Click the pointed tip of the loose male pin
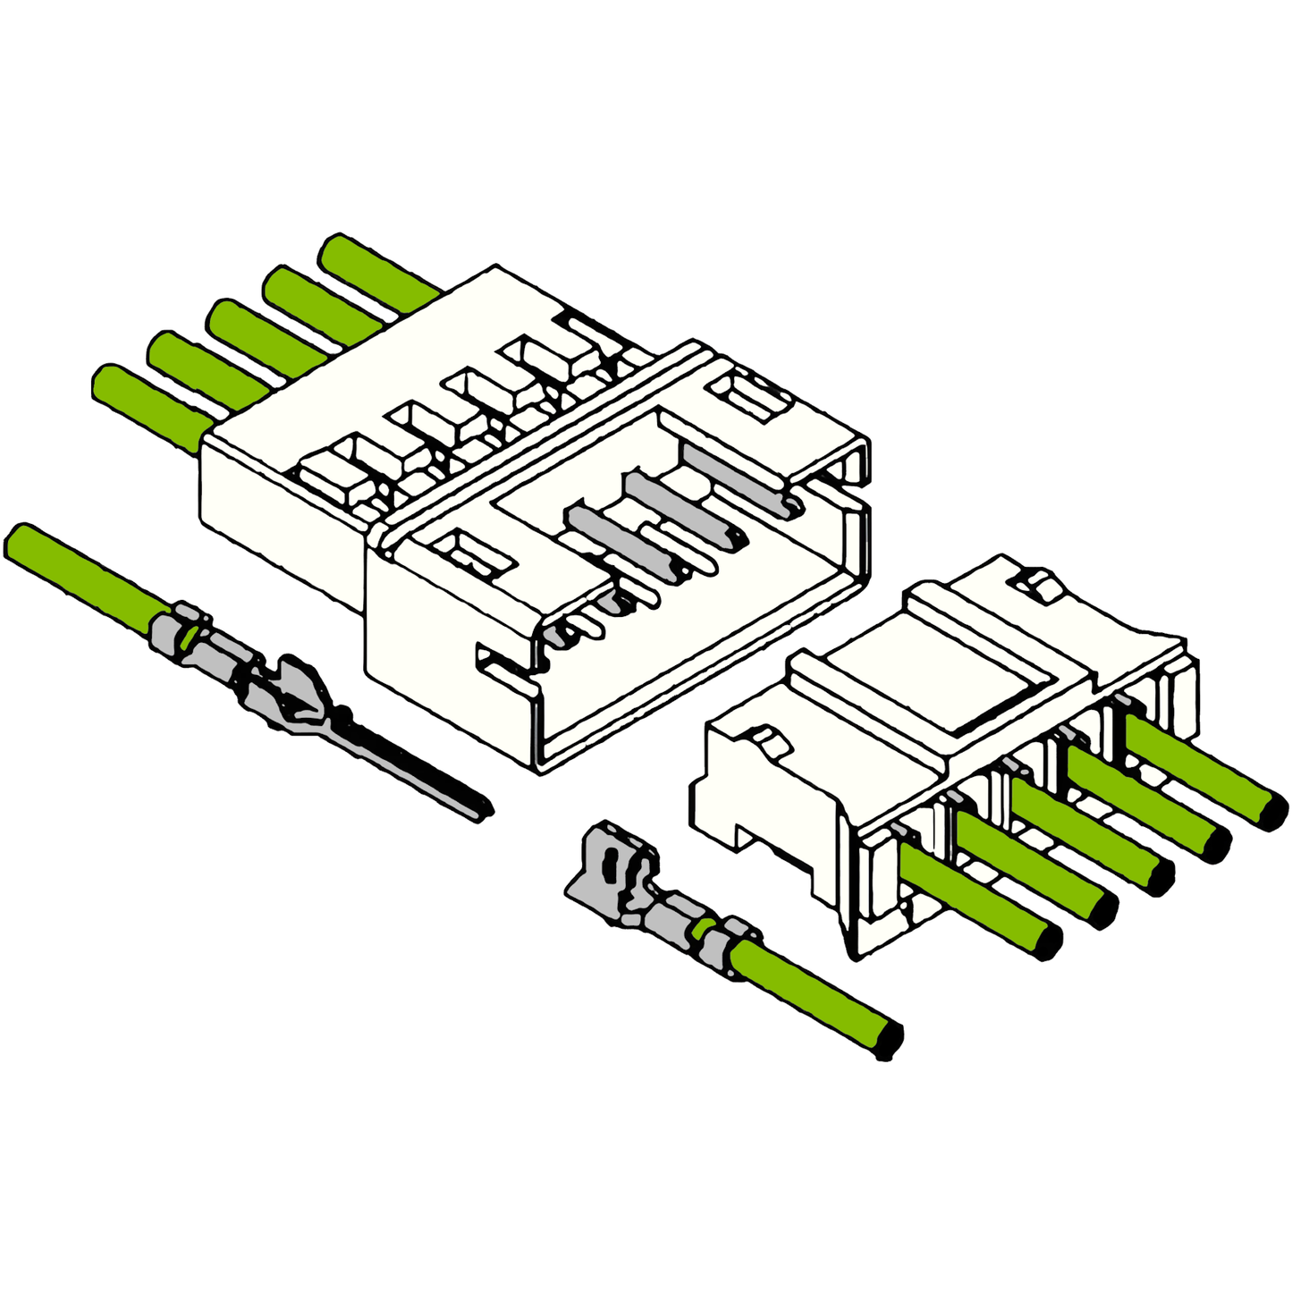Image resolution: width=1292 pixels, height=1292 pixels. click(483, 811)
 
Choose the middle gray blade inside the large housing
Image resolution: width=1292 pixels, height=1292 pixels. click(680, 510)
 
